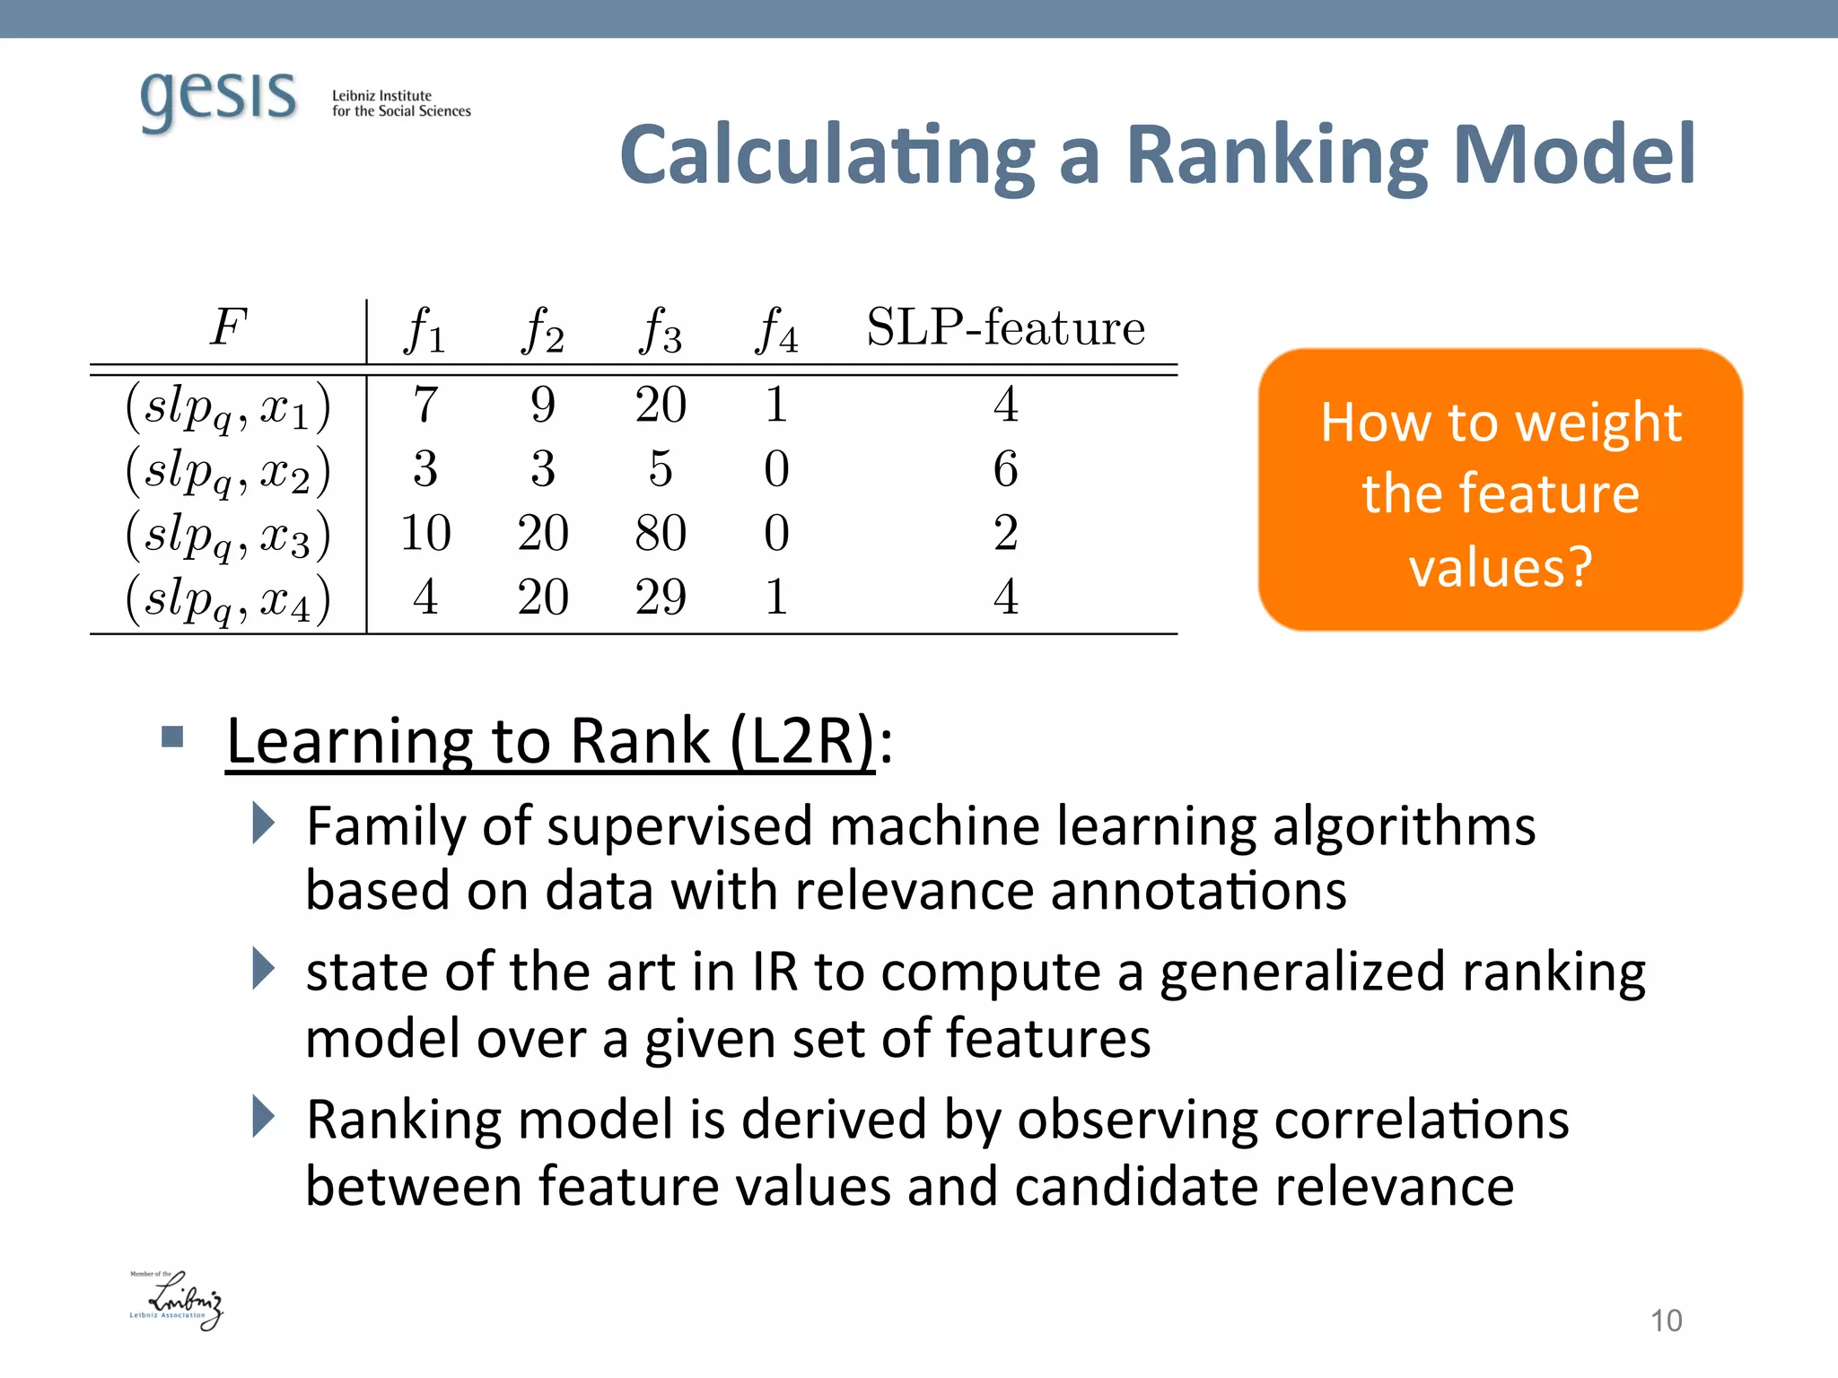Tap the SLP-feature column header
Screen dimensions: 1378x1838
pos(1005,327)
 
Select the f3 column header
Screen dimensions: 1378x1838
pos(661,329)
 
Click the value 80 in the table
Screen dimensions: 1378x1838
pos(661,533)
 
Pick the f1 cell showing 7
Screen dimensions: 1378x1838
pos(425,405)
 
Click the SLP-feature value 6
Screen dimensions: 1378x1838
pos(1005,469)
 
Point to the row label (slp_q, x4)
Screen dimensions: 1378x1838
pos(228,599)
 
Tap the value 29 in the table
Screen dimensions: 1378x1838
pos(661,597)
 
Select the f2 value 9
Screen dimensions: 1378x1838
pos(543,405)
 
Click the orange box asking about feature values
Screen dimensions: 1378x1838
pos(1500,490)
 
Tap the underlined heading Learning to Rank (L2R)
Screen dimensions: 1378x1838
pos(549,742)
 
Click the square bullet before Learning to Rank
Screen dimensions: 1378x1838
pos(172,738)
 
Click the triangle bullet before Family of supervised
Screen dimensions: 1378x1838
pos(263,823)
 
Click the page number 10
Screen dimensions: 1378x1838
pos(1666,1321)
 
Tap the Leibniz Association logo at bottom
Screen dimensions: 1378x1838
pos(177,1300)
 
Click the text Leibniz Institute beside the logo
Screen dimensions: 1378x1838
pos(381,95)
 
